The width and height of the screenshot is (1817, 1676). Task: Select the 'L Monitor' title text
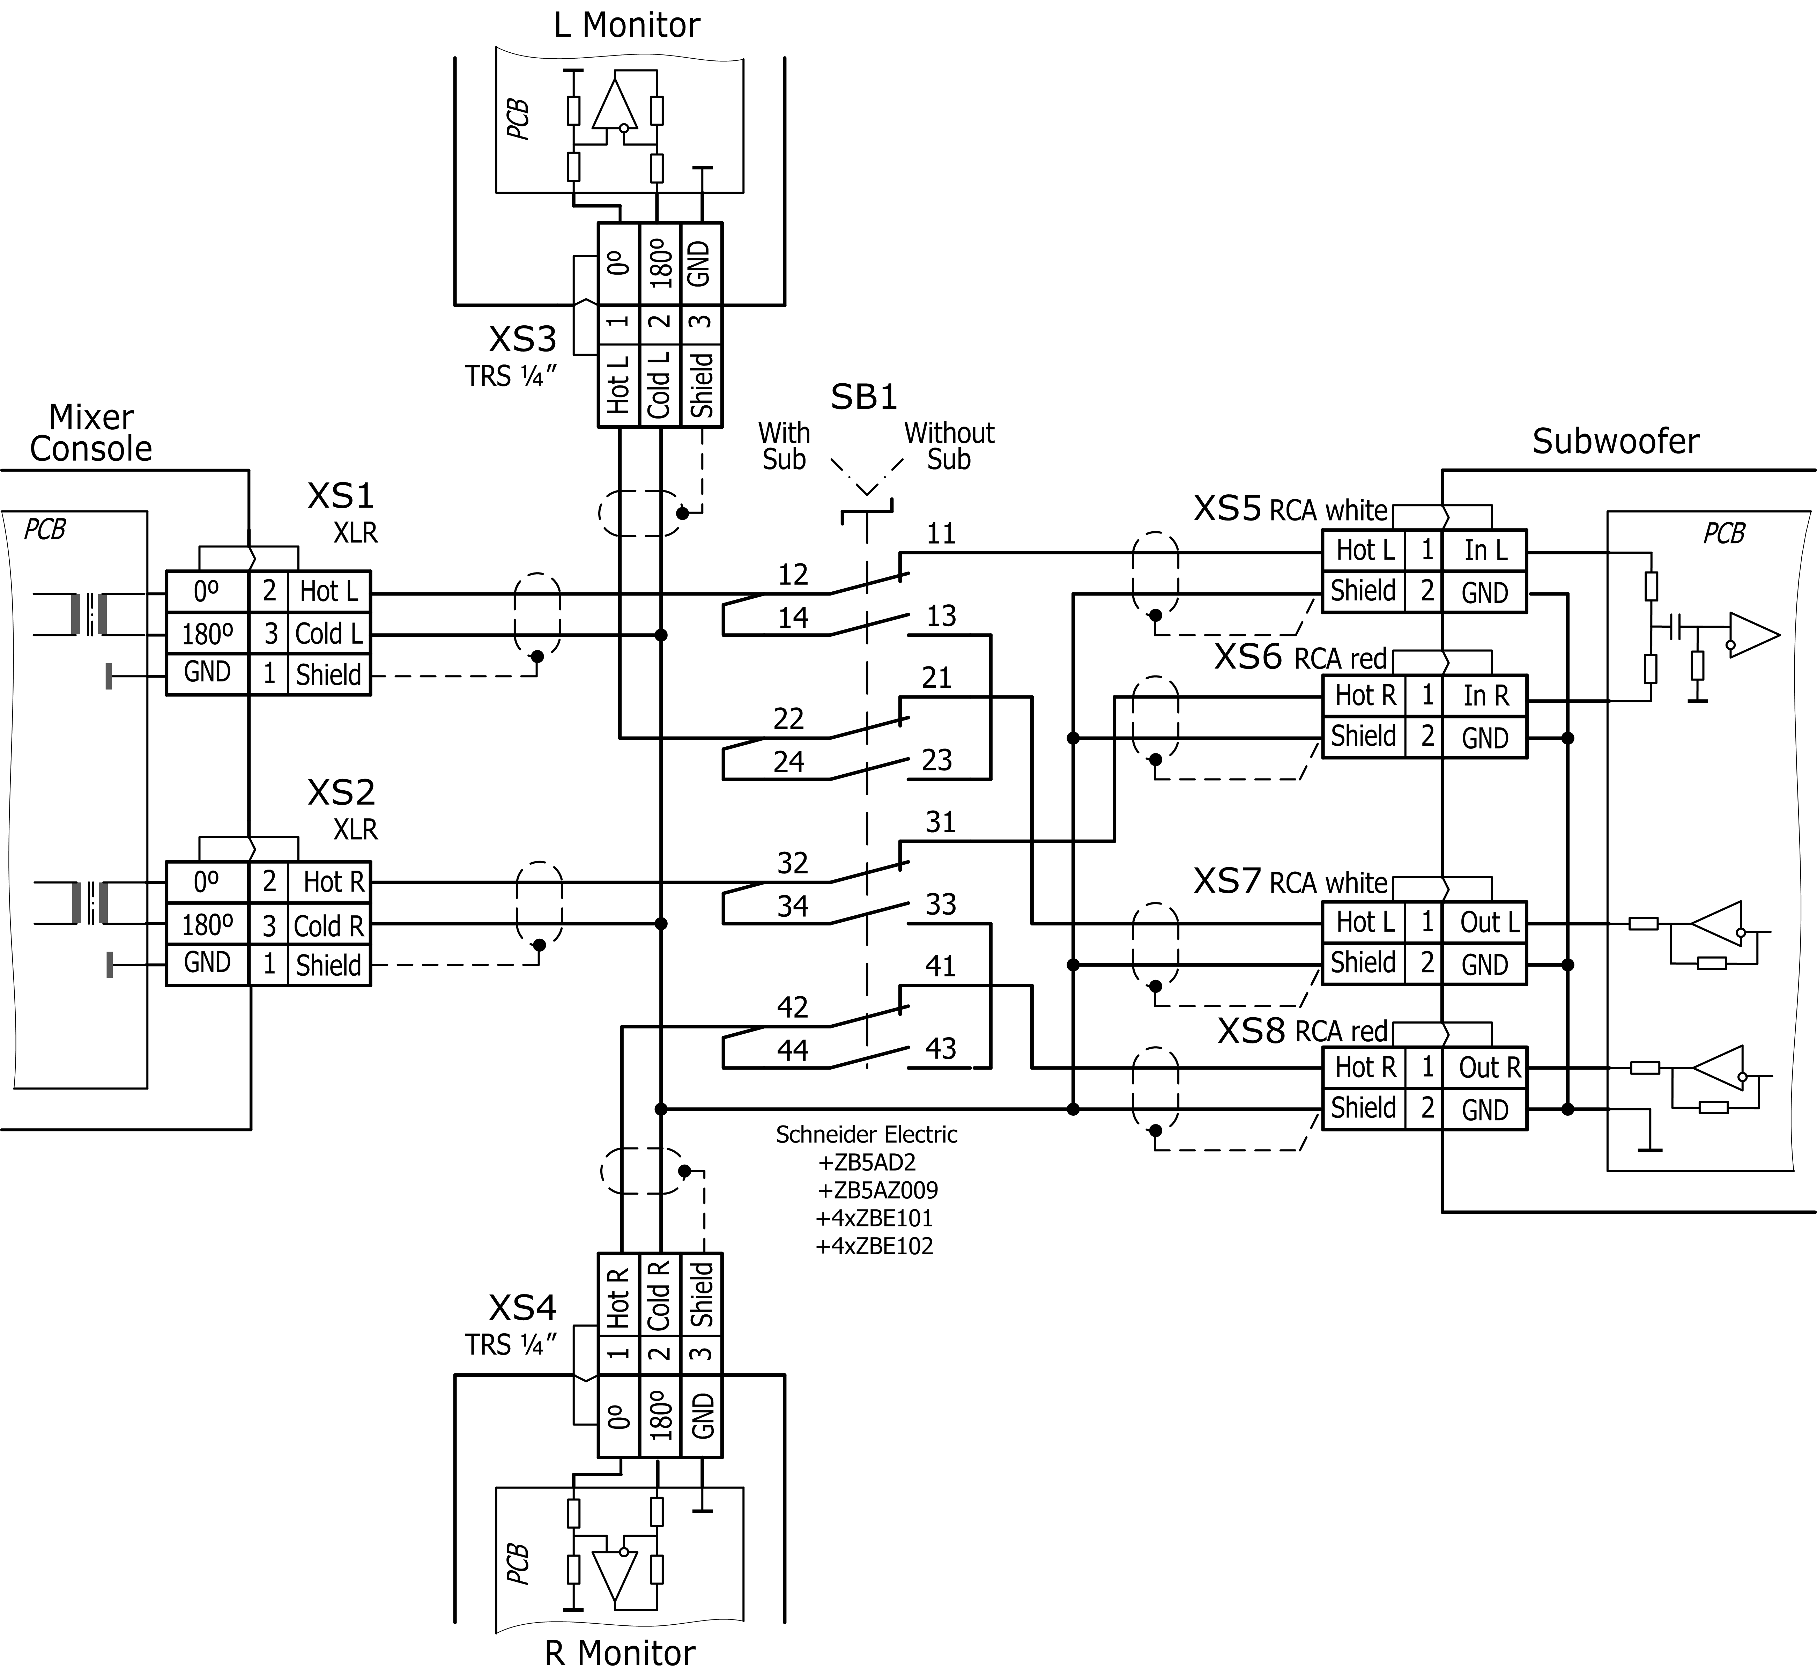626,25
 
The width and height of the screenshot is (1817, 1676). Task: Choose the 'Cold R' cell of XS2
328,926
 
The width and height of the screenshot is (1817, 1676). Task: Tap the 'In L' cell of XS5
1485,551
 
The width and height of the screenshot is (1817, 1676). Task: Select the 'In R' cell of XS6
1485,696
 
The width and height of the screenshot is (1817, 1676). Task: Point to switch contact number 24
789,761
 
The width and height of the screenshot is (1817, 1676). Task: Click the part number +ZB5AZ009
877,1190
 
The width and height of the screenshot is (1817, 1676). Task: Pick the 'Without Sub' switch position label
948,446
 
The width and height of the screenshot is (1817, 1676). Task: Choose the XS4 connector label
522,1308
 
